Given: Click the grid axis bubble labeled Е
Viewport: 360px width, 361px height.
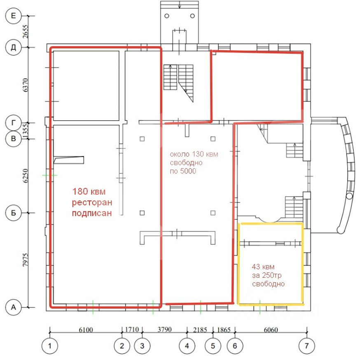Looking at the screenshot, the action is [13, 16].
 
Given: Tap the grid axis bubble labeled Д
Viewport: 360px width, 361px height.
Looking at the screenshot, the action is [13, 47].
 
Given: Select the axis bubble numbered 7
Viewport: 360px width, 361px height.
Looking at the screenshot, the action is [306, 346].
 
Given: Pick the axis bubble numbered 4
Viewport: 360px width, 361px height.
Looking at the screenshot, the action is [187, 346].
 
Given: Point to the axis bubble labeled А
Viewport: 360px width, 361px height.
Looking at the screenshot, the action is [13, 307].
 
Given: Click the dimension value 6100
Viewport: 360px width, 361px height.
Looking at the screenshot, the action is [86, 330].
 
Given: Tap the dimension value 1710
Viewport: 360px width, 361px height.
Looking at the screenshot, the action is [132, 329].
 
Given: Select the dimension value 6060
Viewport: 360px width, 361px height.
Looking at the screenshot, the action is [271, 330].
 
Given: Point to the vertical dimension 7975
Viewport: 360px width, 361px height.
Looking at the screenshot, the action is [26, 260].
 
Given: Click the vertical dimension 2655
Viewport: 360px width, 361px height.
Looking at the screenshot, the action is [26, 32].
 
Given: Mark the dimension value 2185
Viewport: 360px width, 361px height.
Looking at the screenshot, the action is [200, 330].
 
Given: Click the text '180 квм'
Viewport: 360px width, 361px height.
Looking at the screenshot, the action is [89, 191].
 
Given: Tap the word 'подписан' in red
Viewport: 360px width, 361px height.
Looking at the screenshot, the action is [92, 213].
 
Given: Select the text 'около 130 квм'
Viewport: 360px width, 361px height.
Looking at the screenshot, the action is [194, 154].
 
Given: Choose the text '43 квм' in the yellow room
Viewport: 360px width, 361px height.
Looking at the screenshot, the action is [263, 267].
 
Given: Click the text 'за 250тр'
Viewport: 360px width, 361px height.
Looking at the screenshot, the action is [266, 275].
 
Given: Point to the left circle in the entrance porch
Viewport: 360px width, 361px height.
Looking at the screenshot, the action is [167, 16].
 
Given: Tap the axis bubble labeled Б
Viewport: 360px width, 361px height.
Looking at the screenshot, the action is [13, 213].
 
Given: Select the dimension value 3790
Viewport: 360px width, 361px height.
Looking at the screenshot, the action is [165, 329].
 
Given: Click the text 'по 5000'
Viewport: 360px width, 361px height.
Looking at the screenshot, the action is [183, 171].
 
